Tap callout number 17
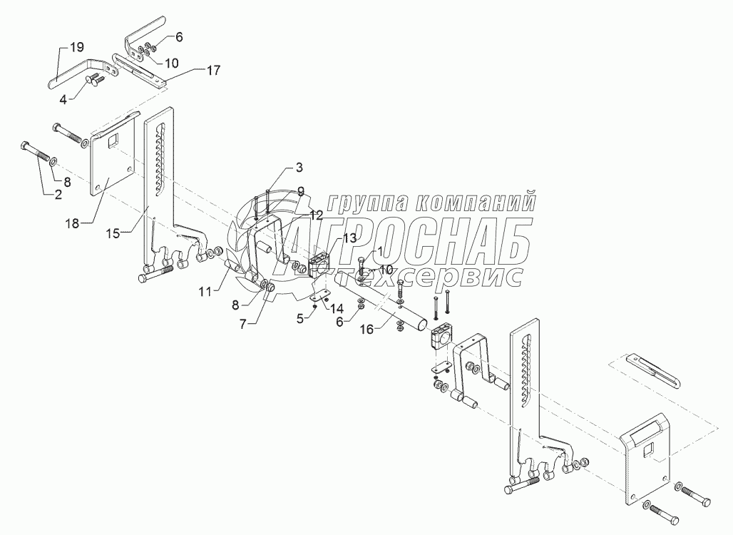(213, 70)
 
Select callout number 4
(63, 99)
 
